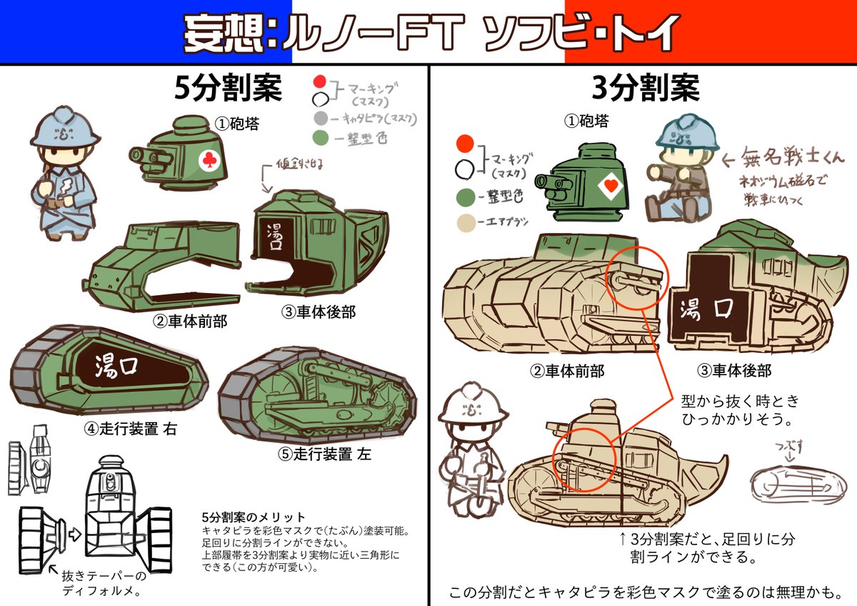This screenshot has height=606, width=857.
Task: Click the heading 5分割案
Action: click(228, 89)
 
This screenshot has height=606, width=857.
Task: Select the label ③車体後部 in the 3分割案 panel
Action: click(735, 371)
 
